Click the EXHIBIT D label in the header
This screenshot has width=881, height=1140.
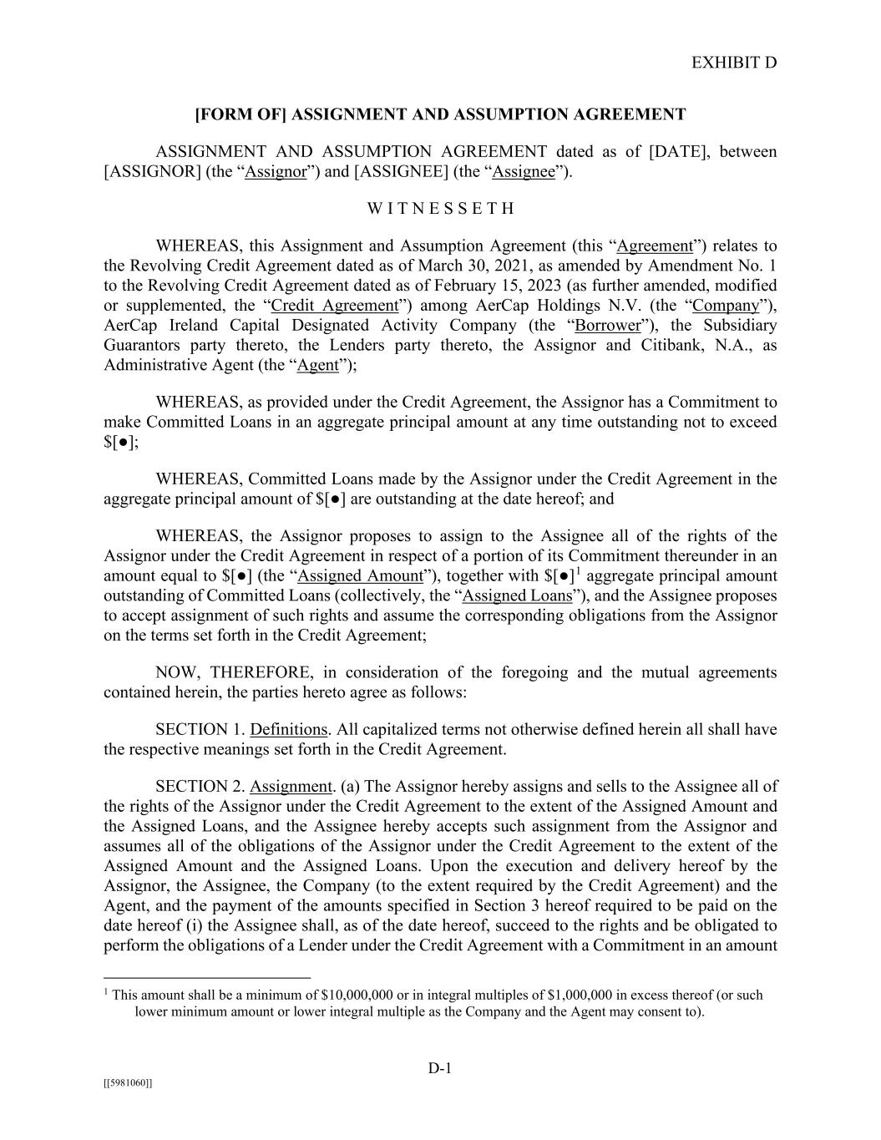[734, 63]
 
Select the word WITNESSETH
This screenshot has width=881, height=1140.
[440, 209]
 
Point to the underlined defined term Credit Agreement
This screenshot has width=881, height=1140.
[335, 306]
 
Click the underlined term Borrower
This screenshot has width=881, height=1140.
[607, 326]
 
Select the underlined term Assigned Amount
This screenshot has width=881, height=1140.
[361, 576]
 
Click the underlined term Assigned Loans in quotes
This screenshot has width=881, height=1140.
[518, 596]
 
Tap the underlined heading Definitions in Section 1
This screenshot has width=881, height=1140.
[288, 730]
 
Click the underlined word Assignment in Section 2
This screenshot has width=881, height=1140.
[291, 787]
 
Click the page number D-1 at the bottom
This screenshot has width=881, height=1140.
[440, 1068]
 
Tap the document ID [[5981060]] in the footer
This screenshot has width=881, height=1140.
[128, 1083]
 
